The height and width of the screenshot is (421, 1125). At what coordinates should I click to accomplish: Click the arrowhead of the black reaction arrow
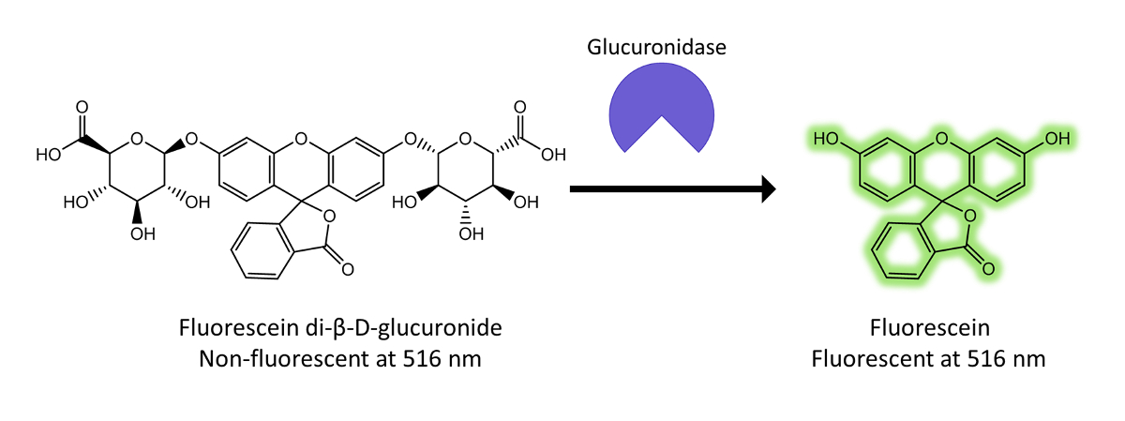tap(769, 189)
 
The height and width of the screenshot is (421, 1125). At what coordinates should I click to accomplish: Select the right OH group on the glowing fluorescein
tap(1057, 139)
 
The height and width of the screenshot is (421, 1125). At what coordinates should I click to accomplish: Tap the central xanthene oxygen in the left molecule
tap(300, 141)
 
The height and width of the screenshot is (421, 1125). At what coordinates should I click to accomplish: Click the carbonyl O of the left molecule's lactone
tap(347, 270)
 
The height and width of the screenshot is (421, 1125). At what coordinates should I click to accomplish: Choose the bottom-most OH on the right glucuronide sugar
tap(466, 233)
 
